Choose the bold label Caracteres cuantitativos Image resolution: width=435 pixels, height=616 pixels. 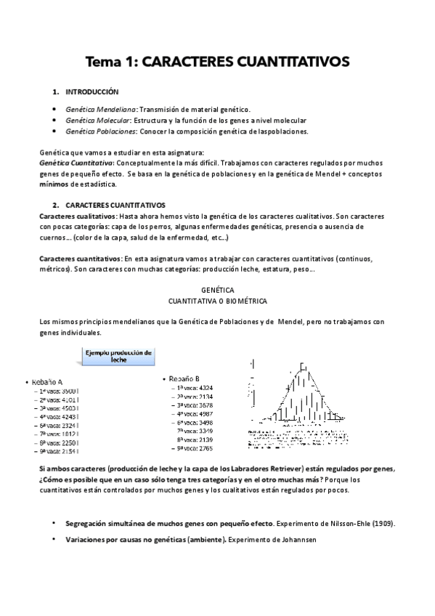tap(81, 259)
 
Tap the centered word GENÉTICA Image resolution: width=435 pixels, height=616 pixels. tap(217, 289)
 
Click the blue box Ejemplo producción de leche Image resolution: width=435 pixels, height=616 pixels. tap(119, 356)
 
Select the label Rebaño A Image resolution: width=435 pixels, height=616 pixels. tap(46, 382)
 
